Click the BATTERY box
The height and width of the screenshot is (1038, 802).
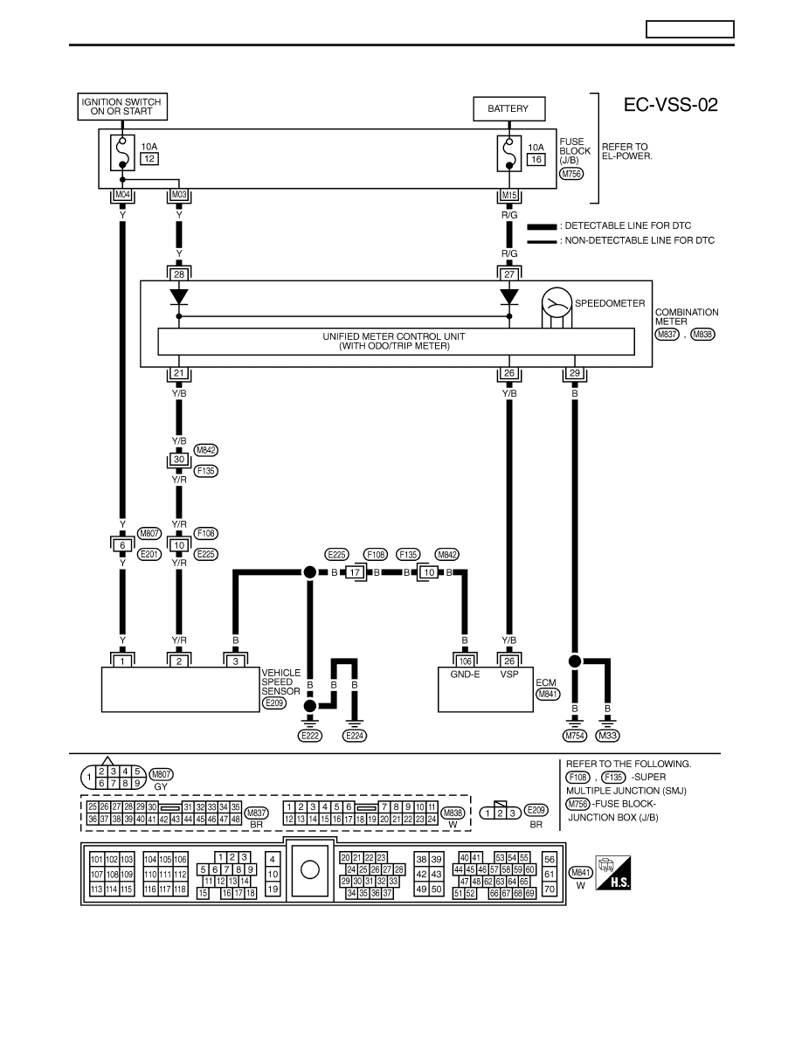click(508, 108)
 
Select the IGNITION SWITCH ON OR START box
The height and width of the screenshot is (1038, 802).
click(121, 107)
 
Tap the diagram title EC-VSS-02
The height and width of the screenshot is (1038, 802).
click(670, 105)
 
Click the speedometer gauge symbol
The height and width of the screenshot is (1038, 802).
click(557, 303)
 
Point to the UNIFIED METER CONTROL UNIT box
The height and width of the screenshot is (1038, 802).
click(396, 341)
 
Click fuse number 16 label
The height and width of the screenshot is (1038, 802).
click(536, 160)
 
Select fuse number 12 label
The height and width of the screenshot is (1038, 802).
click(149, 159)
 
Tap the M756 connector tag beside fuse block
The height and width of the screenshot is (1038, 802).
click(571, 174)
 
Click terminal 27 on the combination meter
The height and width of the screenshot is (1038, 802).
click(508, 273)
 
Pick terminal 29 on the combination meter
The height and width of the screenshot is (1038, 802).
click(574, 373)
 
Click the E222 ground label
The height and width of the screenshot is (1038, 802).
click(309, 736)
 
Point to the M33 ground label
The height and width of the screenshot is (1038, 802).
click(607, 736)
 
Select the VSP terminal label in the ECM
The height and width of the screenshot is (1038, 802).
click(508, 675)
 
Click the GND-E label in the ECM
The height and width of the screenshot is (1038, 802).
click(465, 675)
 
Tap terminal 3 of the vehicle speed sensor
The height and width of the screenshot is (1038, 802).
click(236, 661)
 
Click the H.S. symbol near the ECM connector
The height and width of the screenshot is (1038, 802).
click(612, 873)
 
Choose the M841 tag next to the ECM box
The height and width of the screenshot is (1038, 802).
click(548, 695)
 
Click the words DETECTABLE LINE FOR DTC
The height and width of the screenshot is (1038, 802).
click(628, 225)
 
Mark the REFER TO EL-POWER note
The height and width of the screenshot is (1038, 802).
click(626, 152)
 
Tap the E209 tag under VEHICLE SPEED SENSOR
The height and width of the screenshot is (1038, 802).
click(274, 703)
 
